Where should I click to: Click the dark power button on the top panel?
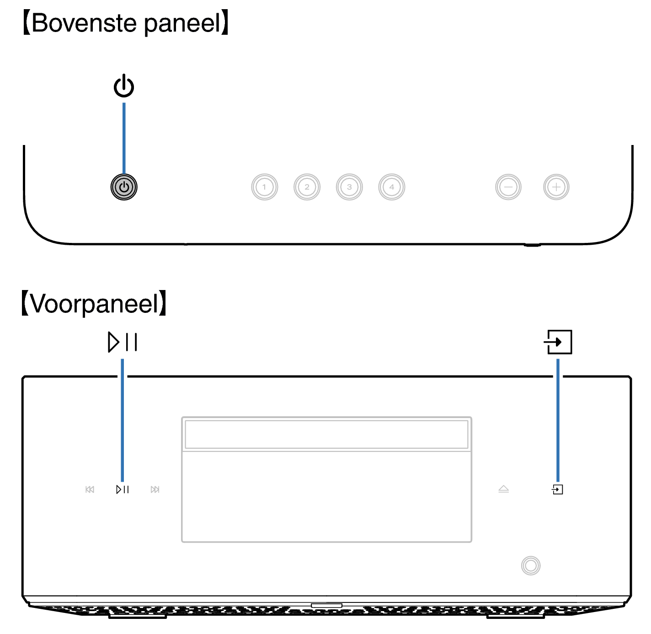(124, 187)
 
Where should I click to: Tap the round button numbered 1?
(264, 187)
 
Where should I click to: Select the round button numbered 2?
(307, 187)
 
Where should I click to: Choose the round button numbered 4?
(391, 187)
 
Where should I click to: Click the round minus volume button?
(508, 187)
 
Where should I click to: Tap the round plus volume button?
(556, 187)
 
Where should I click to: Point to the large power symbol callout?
(124, 86)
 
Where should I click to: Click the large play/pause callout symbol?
(123, 342)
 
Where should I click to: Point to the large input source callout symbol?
(558, 342)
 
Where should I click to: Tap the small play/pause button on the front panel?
(123, 489)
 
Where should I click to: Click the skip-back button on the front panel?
(90, 489)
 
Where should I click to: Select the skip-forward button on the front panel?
(155, 489)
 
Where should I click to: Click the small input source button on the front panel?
(557, 489)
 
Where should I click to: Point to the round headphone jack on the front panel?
(531, 566)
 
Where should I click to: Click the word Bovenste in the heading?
(84, 23)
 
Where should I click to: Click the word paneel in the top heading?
(182, 24)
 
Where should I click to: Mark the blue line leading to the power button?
(124, 138)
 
